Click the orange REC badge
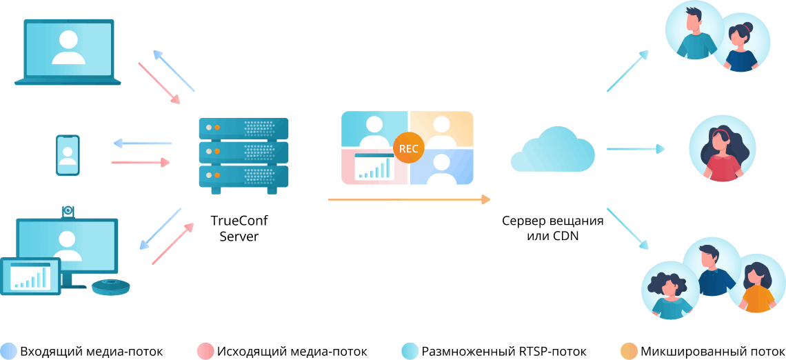(408, 148)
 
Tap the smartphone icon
(68, 155)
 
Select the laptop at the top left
(68, 52)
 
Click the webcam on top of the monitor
(68, 211)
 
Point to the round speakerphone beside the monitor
(110, 286)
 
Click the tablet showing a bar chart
(30, 276)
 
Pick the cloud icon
(553, 150)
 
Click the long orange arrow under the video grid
(409, 199)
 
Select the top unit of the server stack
(243, 128)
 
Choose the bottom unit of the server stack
(243, 177)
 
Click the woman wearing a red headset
(722, 149)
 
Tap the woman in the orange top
(756, 283)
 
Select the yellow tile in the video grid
(442, 129)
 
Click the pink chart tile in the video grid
(374, 167)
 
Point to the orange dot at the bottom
(629, 351)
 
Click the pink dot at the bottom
(205, 351)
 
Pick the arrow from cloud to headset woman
(635, 148)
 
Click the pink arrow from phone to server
(141, 163)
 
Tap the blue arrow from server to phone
(142, 143)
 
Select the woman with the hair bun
(741, 43)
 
